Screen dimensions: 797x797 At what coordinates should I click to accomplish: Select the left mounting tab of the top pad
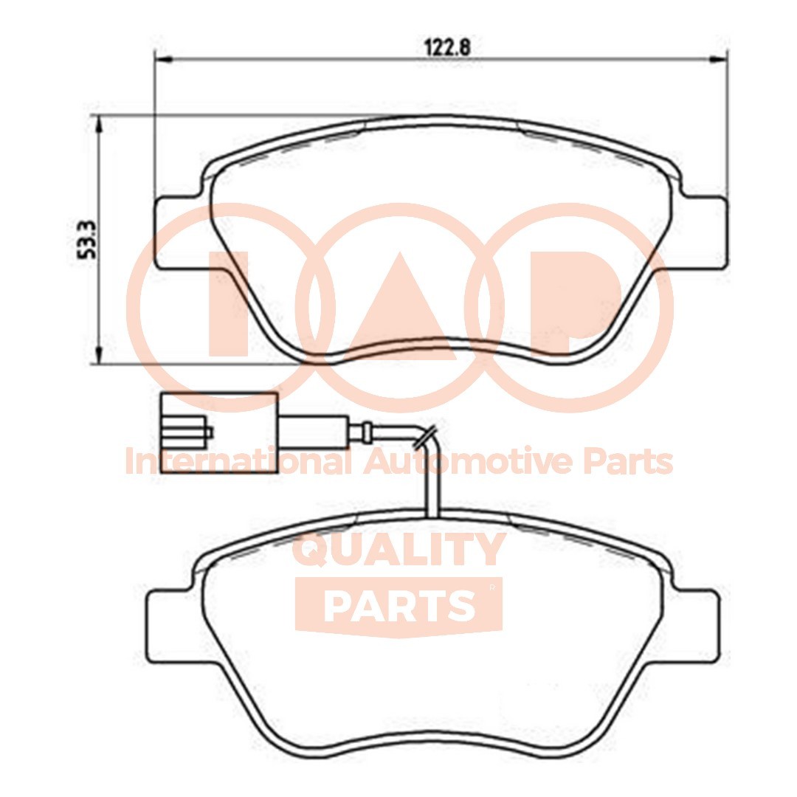[175, 233]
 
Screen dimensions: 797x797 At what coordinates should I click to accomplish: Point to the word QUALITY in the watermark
[399, 551]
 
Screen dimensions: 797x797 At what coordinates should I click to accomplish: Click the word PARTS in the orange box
[398, 605]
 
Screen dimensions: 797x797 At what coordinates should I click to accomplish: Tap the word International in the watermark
[237, 463]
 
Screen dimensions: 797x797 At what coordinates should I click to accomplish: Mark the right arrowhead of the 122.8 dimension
[718, 58]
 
